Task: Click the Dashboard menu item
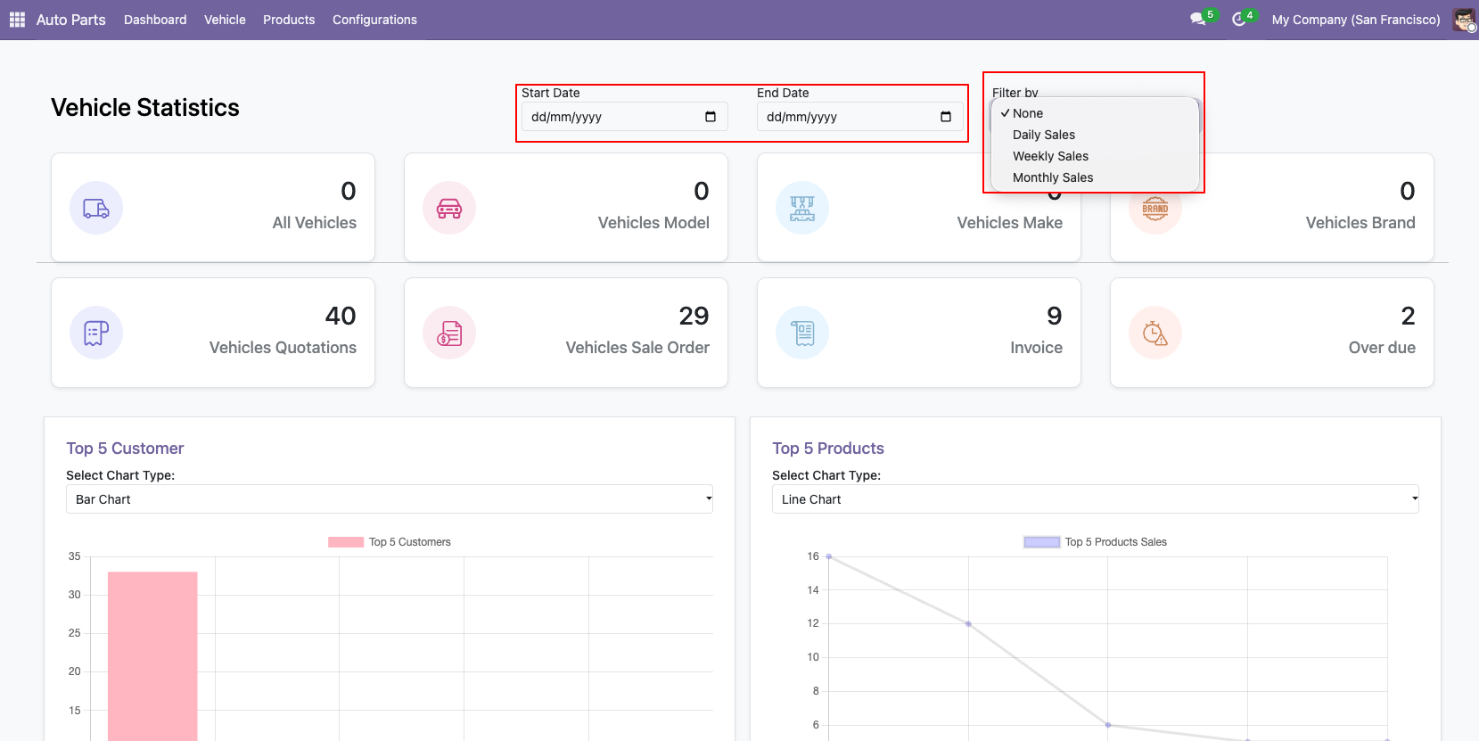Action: pos(155,20)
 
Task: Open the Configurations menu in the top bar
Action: pos(374,20)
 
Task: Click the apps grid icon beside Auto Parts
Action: pos(17,20)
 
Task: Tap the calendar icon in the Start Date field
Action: pos(711,117)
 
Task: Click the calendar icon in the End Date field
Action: pos(946,117)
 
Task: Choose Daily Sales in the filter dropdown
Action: pos(1043,135)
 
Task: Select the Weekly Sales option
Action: pos(1050,156)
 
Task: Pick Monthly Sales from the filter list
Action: pos(1053,177)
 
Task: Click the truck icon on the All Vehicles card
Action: pos(95,208)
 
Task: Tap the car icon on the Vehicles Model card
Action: pos(449,208)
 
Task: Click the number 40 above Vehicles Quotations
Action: pos(340,316)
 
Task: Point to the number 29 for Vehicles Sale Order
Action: pos(694,316)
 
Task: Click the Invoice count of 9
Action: pos(1055,316)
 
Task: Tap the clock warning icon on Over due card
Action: pos(1154,333)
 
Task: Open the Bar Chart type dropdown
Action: pos(389,499)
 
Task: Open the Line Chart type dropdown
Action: pos(1095,499)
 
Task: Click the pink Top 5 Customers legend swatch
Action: pos(345,542)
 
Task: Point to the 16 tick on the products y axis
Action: pos(813,556)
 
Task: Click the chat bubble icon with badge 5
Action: pos(1197,19)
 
